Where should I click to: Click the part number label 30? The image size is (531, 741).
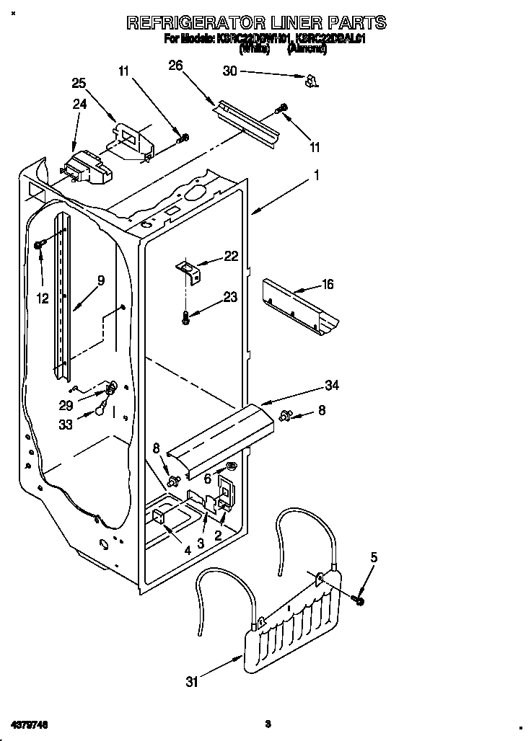pyautogui.click(x=229, y=71)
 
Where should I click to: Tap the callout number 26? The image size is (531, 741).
pyautogui.click(x=175, y=66)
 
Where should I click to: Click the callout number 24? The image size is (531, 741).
pyautogui.click(x=79, y=104)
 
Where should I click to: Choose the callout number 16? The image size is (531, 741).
pyautogui.click(x=327, y=285)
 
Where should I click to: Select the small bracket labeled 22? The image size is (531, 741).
pyautogui.click(x=190, y=271)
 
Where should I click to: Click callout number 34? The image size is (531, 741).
pyautogui.click(x=331, y=385)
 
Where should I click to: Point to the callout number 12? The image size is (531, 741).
pyautogui.click(x=43, y=298)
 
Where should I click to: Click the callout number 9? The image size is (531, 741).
pyautogui.click(x=100, y=281)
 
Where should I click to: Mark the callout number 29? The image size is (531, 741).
pyautogui.click(x=66, y=407)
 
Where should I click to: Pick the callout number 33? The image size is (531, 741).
pyautogui.click(x=66, y=425)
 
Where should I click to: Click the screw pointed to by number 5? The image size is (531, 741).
pyautogui.click(x=359, y=598)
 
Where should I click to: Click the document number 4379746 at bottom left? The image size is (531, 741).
pyautogui.click(x=30, y=722)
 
